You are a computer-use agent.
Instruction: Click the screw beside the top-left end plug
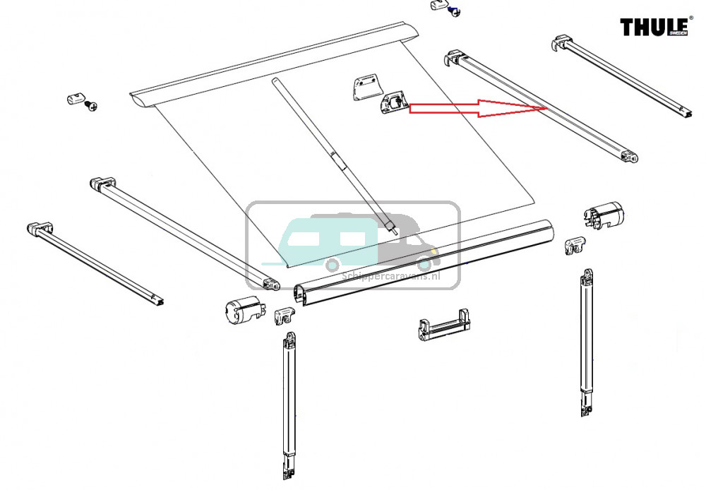(90, 107)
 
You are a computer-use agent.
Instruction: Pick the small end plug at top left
(73, 97)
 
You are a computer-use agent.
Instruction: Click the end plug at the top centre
(438, 6)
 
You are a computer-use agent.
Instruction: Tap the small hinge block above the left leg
(285, 316)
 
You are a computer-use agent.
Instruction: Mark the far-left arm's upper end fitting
(40, 229)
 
